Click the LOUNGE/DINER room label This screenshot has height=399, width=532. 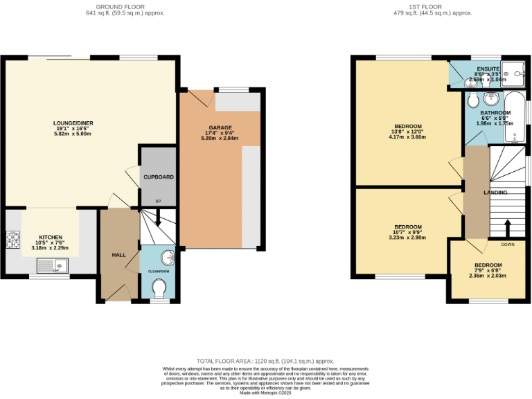pyautogui.click(x=73, y=123)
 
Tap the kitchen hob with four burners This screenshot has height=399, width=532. pyautogui.click(x=12, y=240)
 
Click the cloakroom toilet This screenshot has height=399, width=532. pyautogui.click(x=159, y=287)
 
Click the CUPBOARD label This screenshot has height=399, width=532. pyautogui.click(x=158, y=177)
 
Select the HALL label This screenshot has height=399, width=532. pyautogui.click(x=118, y=255)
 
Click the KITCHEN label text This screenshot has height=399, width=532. pyautogui.click(x=51, y=237)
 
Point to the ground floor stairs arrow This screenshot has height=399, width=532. pyautogui.click(x=157, y=218)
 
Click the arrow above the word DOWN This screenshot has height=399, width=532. pyautogui.click(x=507, y=229)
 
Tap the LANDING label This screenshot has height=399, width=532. pyautogui.click(x=495, y=193)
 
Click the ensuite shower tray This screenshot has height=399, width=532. pyautogui.click(x=513, y=72)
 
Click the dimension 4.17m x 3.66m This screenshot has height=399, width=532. pyautogui.click(x=408, y=137)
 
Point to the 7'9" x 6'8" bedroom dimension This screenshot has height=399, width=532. pyautogui.click(x=488, y=270)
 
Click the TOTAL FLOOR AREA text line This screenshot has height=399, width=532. pyautogui.click(x=265, y=361)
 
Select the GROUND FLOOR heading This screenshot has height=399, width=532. pyautogui.click(x=125, y=6)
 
